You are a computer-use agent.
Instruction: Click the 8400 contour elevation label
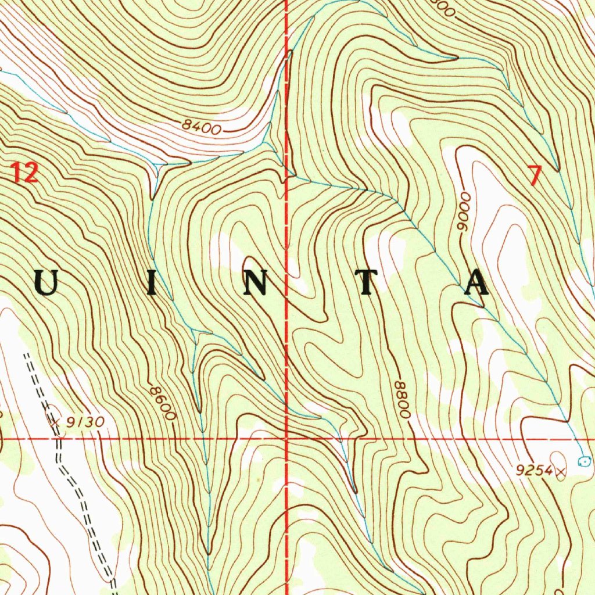pos(201,127)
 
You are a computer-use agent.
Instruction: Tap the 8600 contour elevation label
pos(162,403)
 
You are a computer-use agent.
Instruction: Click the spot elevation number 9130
pos(85,423)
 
